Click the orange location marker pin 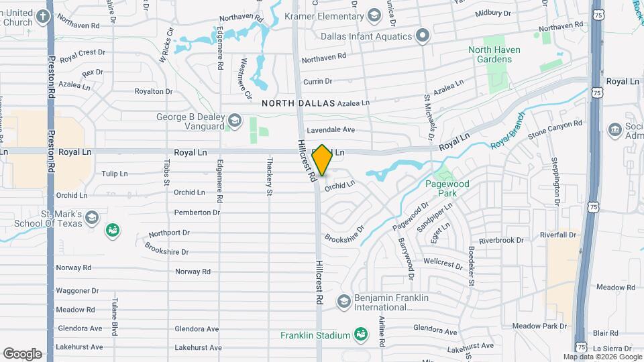click(323, 160)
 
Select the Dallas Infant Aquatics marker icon click(423, 36)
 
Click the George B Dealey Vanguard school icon click(234, 121)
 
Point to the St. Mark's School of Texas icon click(93, 217)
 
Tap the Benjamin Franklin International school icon click(344, 302)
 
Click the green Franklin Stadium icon click(360, 335)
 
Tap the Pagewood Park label click(446, 188)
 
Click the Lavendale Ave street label click(331, 129)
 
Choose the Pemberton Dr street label click(197, 213)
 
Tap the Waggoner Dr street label click(77, 291)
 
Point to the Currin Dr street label click(318, 81)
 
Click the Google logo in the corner click(22, 353)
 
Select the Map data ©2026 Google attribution click(602, 357)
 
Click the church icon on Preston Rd click(44, 16)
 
